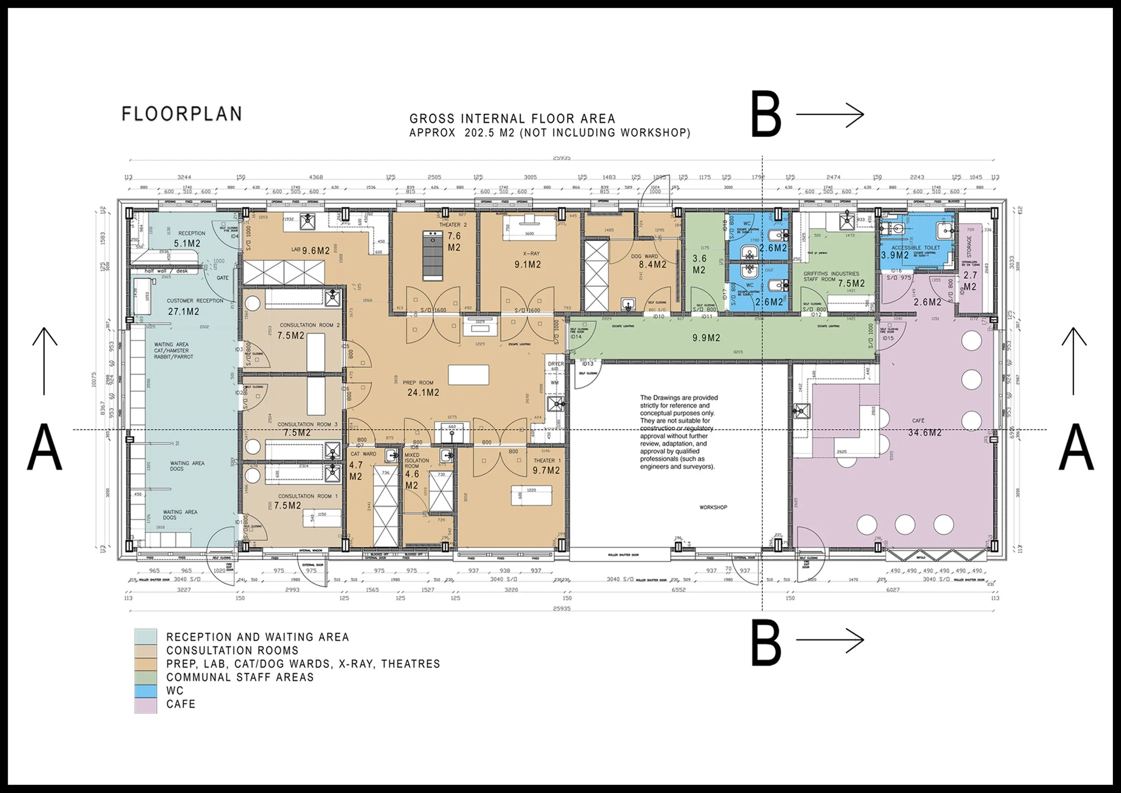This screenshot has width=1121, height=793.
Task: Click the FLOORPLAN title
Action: point(182,114)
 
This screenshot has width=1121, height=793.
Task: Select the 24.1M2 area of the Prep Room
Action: point(423,392)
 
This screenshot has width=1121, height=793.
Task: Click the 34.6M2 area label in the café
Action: point(925,433)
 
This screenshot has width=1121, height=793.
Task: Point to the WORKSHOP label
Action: point(713,507)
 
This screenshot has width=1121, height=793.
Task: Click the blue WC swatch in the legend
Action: point(145,691)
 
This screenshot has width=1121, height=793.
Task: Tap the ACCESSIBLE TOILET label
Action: point(916,248)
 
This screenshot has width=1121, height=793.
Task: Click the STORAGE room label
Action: point(969,247)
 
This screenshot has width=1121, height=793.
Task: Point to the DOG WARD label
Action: point(644,257)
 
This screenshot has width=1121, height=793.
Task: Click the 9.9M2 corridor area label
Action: point(706,338)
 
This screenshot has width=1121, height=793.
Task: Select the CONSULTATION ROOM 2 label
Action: point(309,325)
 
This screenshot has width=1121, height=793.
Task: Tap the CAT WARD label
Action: point(363,454)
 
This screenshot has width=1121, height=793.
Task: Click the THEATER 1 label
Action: point(547,461)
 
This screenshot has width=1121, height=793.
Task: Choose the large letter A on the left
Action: point(44,447)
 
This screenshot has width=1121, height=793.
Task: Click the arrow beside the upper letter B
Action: point(830,115)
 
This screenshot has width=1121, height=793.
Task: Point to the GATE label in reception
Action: point(223,278)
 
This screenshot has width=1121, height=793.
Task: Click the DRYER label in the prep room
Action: point(556,364)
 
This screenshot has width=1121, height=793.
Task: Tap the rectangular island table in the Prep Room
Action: point(468,375)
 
